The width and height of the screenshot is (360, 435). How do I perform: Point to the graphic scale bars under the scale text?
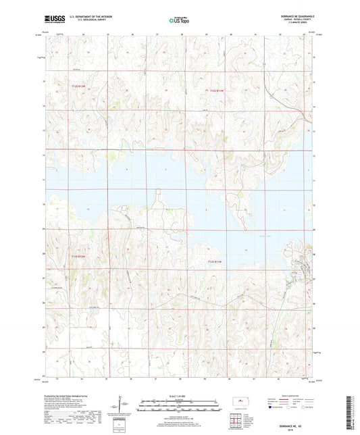(180, 407)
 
